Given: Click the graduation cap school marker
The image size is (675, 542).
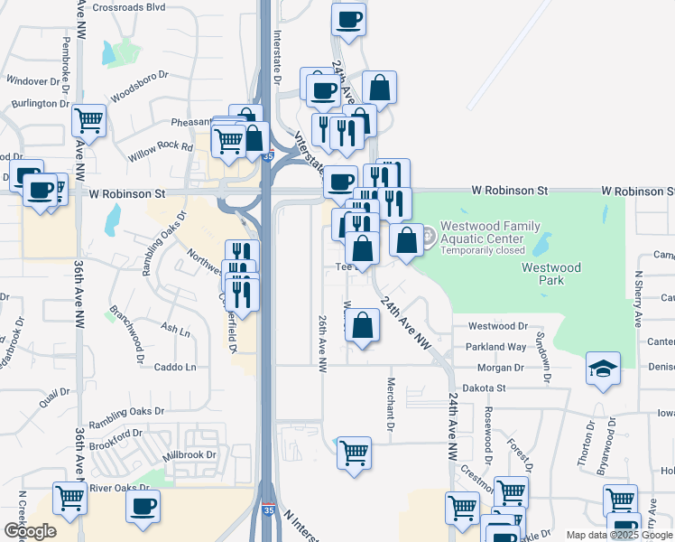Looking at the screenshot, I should pos(602,369).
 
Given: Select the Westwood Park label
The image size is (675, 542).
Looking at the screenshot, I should pos(550,274).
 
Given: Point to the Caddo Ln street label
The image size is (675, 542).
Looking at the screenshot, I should pos(175,367).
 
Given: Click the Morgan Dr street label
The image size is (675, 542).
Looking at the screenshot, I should pos(501,368).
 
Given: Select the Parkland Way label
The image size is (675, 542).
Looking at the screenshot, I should pos(495,347).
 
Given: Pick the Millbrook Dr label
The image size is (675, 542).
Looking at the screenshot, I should pos(191,454).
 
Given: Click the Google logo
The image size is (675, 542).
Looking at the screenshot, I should pos(30,531).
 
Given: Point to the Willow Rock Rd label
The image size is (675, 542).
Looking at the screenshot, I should pos(161,146).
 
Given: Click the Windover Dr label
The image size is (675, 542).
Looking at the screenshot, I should pos(38,80).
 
